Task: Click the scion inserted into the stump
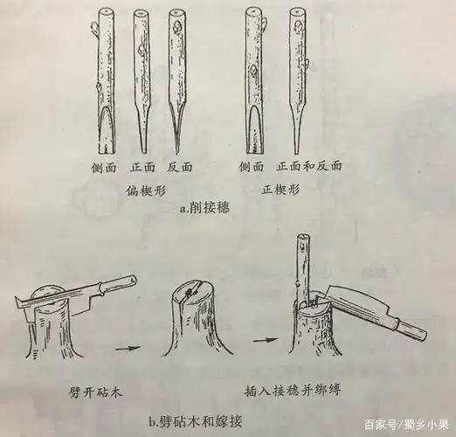pyautogui.click(x=301, y=262)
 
